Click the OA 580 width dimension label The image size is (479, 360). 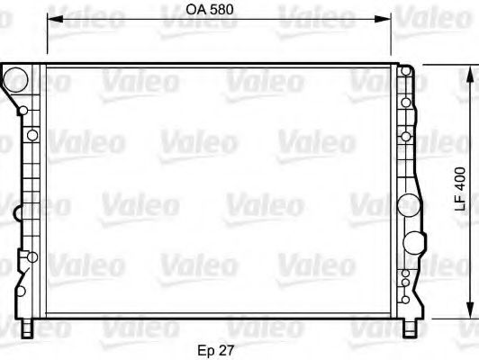[x=210, y=10]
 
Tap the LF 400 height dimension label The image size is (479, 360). [x=460, y=189]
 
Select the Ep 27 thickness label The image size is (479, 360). [x=216, y=350]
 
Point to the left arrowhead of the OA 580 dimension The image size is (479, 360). [x=55, y=19]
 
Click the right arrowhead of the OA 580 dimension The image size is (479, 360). [x=383, y=19]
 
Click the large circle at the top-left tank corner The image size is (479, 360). [x=15, y=80]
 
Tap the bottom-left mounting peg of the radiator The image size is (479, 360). [x=27, y=328]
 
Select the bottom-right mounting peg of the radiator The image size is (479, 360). [x=409, y=328]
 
